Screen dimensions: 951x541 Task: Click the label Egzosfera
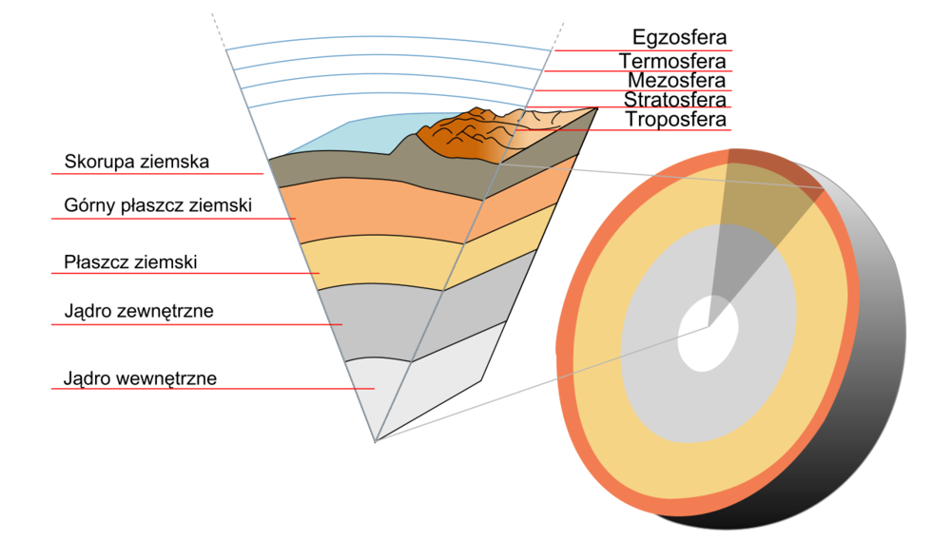click(679, 38)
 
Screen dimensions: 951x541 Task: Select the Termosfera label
click(672, 61)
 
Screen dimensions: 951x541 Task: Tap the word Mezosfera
click(677, 80)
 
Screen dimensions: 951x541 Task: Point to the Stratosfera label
click(675, 100)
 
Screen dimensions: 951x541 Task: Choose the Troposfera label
click(675, 119)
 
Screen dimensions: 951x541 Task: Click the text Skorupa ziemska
click(136, 162)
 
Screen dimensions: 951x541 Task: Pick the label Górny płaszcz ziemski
click(158, 205)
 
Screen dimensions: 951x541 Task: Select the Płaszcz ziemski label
click(130, 262)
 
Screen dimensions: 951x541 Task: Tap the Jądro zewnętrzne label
click(139, 311)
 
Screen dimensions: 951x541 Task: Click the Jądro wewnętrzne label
click(140, 378)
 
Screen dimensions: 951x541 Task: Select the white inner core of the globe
click(708, 333)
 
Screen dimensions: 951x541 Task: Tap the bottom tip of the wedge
click(376, 441)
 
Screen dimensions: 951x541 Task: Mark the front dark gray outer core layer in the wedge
click(376, 321)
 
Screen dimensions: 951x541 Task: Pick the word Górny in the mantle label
click(89, 205)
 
